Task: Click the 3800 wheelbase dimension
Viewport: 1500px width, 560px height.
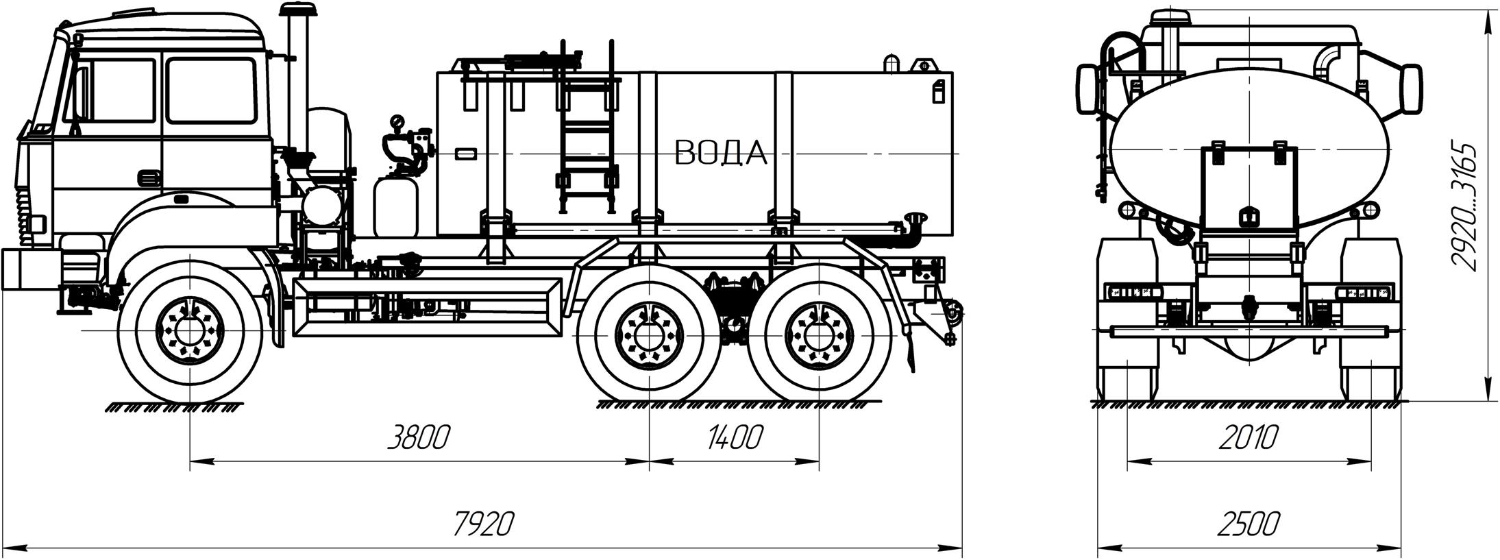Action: pos(418,437)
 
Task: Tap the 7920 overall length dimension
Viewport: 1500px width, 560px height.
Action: pos(483,524)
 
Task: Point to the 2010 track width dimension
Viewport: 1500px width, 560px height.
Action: pos(1248,437)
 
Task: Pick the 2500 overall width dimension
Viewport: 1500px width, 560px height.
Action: pos(1248,524)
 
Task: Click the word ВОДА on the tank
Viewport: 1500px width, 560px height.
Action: pos(720,153)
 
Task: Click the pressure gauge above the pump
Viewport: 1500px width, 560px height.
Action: pos(397,123)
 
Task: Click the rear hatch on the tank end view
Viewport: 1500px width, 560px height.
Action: pos(1248,188)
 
